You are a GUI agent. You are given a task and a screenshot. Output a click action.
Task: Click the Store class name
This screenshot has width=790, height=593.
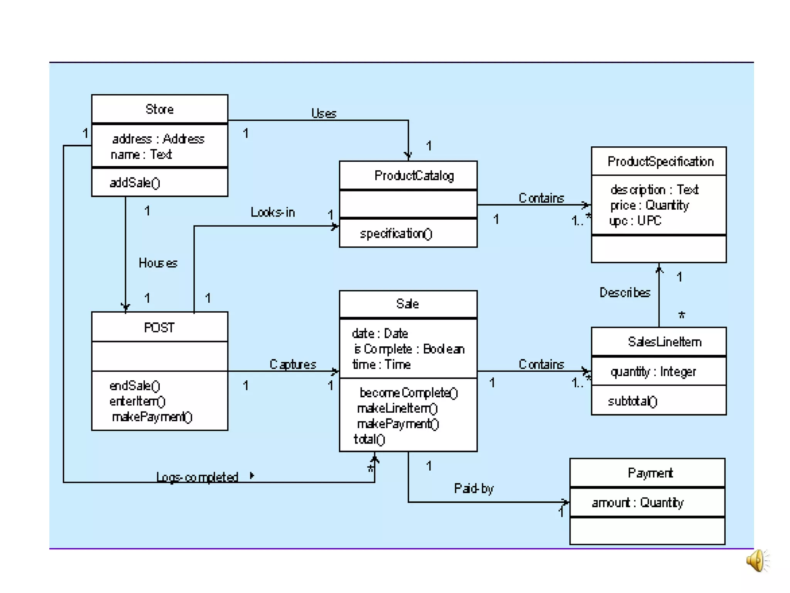coord(159,109)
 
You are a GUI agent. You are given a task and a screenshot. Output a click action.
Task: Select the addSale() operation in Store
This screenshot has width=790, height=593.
coord(135,183)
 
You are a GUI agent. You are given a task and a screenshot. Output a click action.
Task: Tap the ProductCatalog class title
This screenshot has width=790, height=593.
coord(414,176)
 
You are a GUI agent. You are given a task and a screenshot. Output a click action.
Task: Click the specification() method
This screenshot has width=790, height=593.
coord(396,234)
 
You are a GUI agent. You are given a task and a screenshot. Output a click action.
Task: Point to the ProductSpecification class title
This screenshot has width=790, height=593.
coord(660,161)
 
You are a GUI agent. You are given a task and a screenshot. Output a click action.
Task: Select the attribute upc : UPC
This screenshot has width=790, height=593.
coord(635,220)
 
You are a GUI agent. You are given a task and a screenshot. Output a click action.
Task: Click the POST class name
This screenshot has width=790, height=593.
coord(159,327)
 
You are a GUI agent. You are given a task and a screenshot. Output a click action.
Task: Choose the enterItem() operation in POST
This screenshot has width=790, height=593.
coord(137,401)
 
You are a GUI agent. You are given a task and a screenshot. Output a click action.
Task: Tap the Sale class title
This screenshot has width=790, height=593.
coord(407,304)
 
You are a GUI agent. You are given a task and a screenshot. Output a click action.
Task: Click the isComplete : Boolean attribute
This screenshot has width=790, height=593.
coord(409,349)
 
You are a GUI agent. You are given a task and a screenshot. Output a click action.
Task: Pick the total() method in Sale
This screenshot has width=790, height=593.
coord(369,439)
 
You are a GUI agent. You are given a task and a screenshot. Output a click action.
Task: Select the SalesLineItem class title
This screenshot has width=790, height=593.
coord(664,342)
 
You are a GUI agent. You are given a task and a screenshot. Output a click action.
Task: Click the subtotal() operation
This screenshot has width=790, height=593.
coord(632,401)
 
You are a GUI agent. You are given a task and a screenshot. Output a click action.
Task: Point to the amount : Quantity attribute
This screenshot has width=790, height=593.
coord(637,502)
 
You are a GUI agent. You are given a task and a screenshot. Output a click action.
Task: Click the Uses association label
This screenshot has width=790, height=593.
coord(324,113)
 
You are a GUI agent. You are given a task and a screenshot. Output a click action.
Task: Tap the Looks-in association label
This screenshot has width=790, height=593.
coord(272,212)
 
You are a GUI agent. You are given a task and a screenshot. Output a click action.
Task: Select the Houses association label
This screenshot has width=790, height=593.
coord(158,263)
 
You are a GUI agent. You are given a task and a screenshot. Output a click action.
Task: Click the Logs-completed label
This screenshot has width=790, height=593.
coord(197,477)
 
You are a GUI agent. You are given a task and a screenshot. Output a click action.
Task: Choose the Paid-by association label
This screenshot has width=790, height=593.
coord(474,488)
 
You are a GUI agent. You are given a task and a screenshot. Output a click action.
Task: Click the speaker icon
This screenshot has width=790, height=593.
coord(756,561)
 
